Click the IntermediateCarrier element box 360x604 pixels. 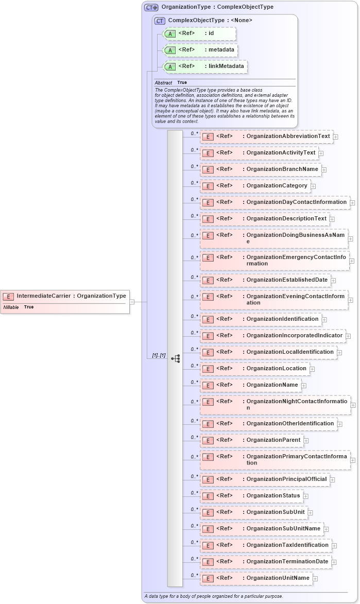coord(64,296)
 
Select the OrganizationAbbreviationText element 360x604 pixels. coord(266,136)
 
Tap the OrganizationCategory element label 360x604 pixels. coord(277,186)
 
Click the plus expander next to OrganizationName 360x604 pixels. coord(304,385)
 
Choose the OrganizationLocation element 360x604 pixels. coord(254,369)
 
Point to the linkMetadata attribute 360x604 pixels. coord(204,66)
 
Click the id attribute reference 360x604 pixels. coord(199,33)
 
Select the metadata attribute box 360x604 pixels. coord(199,50)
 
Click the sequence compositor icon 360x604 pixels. coord(175,358)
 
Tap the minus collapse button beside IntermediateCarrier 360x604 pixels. coord(132,302)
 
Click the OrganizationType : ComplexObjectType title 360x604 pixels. coord(217,7)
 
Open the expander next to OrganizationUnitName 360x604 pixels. coord(315,579)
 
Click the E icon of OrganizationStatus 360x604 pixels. coord(207,496)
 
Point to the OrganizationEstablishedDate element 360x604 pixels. coord(265,280)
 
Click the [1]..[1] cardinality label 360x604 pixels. coord(158,356)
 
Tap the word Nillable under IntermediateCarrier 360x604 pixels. coord(11,307)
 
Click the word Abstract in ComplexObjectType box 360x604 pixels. coord(163,82)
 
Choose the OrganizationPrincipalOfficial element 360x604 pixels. coord(265,479)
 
